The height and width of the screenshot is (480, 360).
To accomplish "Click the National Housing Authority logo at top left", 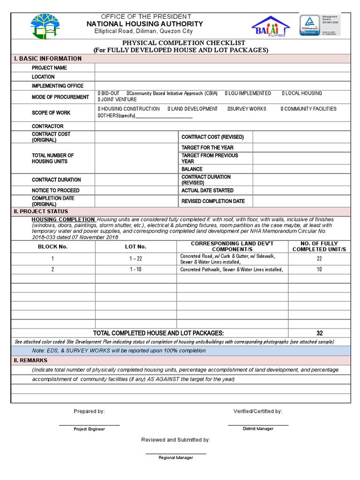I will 45,27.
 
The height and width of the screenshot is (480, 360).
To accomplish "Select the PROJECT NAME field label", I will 49,67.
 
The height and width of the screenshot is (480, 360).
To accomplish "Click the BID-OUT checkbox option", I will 109,93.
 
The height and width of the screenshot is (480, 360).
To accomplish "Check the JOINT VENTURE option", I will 117,99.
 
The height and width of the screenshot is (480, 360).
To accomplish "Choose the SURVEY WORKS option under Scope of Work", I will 247,109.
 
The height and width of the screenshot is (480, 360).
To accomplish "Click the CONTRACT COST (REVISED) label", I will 212,137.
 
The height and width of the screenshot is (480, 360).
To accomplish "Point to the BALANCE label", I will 192,169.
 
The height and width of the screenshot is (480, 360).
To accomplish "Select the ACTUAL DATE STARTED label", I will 207,190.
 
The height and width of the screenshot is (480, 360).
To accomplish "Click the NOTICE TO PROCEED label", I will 55,190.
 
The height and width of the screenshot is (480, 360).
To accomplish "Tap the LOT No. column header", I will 135,247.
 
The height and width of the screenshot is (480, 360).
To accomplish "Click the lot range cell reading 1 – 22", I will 135,259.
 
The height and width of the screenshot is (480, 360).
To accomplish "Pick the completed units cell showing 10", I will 319,270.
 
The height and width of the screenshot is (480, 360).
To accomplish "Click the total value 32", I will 319,333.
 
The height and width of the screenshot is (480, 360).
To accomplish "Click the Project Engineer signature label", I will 89,429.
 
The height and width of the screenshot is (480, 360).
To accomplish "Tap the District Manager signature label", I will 258,429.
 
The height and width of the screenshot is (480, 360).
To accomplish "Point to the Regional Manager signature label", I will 175,457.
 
